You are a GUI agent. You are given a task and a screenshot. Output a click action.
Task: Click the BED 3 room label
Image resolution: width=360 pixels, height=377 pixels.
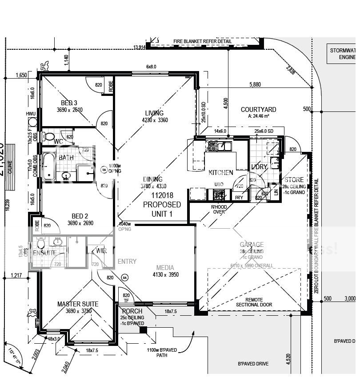68,103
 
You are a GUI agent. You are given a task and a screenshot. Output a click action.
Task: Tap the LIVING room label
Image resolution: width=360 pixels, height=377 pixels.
154,113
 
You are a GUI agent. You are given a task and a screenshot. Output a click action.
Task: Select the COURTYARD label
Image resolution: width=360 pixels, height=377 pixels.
258,110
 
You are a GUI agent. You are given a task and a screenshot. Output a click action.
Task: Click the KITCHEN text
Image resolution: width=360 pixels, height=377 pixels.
221,172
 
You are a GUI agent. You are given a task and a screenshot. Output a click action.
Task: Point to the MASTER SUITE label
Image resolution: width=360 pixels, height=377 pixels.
78,304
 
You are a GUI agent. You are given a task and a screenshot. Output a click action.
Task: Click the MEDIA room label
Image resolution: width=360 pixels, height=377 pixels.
165,268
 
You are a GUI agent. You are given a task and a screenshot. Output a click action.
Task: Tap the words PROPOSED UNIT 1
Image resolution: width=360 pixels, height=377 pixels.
162,209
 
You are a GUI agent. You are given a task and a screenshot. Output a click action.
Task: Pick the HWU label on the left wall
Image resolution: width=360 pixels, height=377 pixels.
30,114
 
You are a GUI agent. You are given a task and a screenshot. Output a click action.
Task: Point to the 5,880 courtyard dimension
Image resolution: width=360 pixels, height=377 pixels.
255,84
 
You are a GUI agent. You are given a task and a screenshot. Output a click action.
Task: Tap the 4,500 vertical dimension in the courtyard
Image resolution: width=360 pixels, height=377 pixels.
225,103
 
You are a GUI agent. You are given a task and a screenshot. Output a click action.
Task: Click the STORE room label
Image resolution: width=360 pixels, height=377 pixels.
294,180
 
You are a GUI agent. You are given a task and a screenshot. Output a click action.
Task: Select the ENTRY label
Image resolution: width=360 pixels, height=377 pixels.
127,262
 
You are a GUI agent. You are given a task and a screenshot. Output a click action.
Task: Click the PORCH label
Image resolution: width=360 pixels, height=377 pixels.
132,311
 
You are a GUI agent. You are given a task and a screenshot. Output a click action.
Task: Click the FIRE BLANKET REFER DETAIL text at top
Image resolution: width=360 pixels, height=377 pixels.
202,41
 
